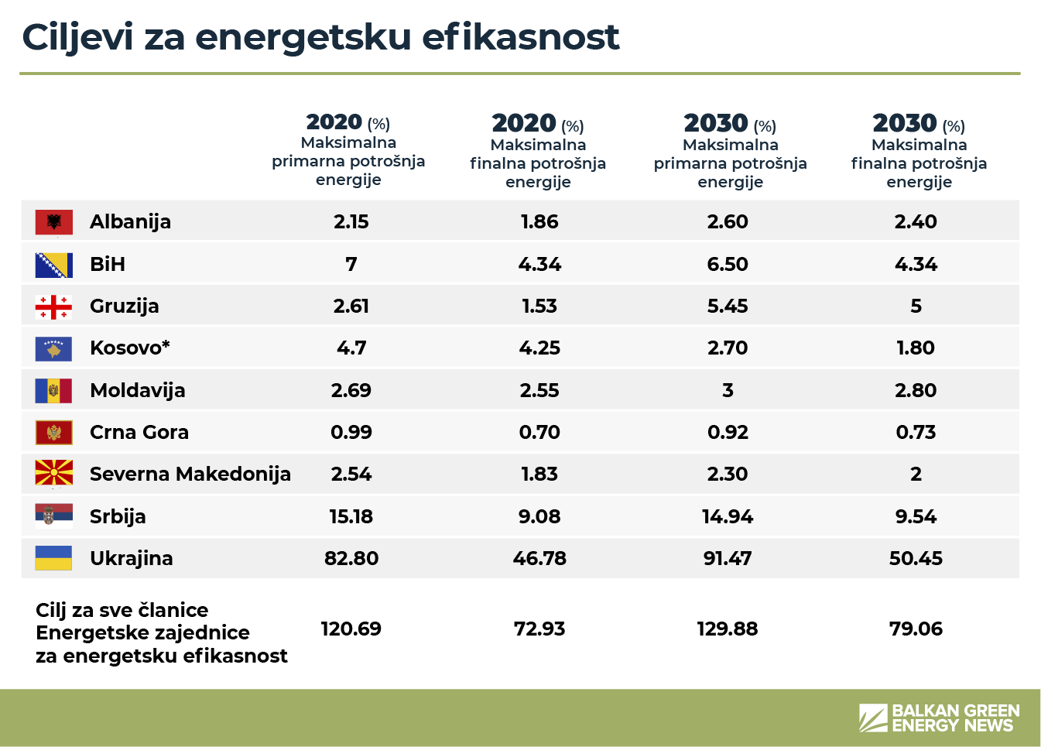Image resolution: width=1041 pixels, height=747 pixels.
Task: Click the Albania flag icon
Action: click(53, 222)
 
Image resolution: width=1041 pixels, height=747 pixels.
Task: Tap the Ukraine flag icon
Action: click(53, 558)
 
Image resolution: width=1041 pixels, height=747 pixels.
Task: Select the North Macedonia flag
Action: click(53, 474)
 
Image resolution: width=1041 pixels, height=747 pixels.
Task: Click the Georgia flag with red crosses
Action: click(53, 307)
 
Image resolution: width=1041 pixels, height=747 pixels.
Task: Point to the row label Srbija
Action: click(118, 516)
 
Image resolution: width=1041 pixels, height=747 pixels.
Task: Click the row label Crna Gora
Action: click(139, 432)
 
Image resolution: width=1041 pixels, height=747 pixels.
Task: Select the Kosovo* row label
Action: click(130, 348)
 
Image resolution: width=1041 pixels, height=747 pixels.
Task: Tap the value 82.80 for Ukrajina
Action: click(351, 558)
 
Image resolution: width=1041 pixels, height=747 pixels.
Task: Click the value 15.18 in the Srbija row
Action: click(351, 516)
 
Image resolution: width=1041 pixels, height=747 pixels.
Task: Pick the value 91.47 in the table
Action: click(728, 558)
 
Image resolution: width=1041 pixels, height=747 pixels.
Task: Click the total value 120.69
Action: click(351, 629)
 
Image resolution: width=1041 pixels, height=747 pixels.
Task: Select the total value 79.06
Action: click(916, 629)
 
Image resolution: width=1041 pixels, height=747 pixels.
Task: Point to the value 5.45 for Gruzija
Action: click(728, 306)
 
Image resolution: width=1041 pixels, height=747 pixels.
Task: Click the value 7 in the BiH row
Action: click(351, 264)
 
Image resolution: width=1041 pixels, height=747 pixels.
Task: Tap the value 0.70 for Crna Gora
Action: click(539, 432)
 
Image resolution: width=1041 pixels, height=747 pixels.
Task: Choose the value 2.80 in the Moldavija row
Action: click(916, 390)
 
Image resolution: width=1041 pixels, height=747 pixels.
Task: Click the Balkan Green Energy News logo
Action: click(939, 718)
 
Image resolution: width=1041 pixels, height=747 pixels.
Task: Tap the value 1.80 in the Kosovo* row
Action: click(916, 348)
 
